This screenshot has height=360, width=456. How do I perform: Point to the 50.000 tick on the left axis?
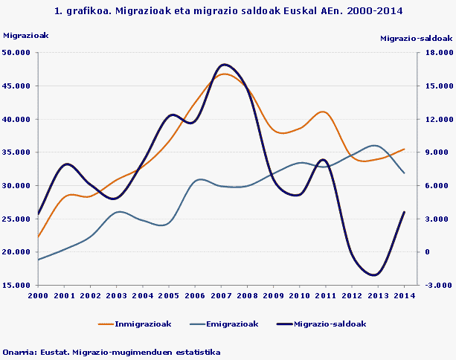17,52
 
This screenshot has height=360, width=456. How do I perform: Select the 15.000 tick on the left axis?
17,285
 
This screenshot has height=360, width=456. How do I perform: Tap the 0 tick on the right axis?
428,251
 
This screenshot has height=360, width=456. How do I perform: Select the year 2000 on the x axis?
38,295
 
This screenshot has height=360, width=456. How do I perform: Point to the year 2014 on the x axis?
404,295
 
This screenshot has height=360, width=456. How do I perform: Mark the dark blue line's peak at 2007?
225,65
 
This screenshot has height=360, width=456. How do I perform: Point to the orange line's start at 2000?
38,237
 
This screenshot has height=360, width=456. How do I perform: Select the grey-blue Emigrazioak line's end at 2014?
404,173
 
